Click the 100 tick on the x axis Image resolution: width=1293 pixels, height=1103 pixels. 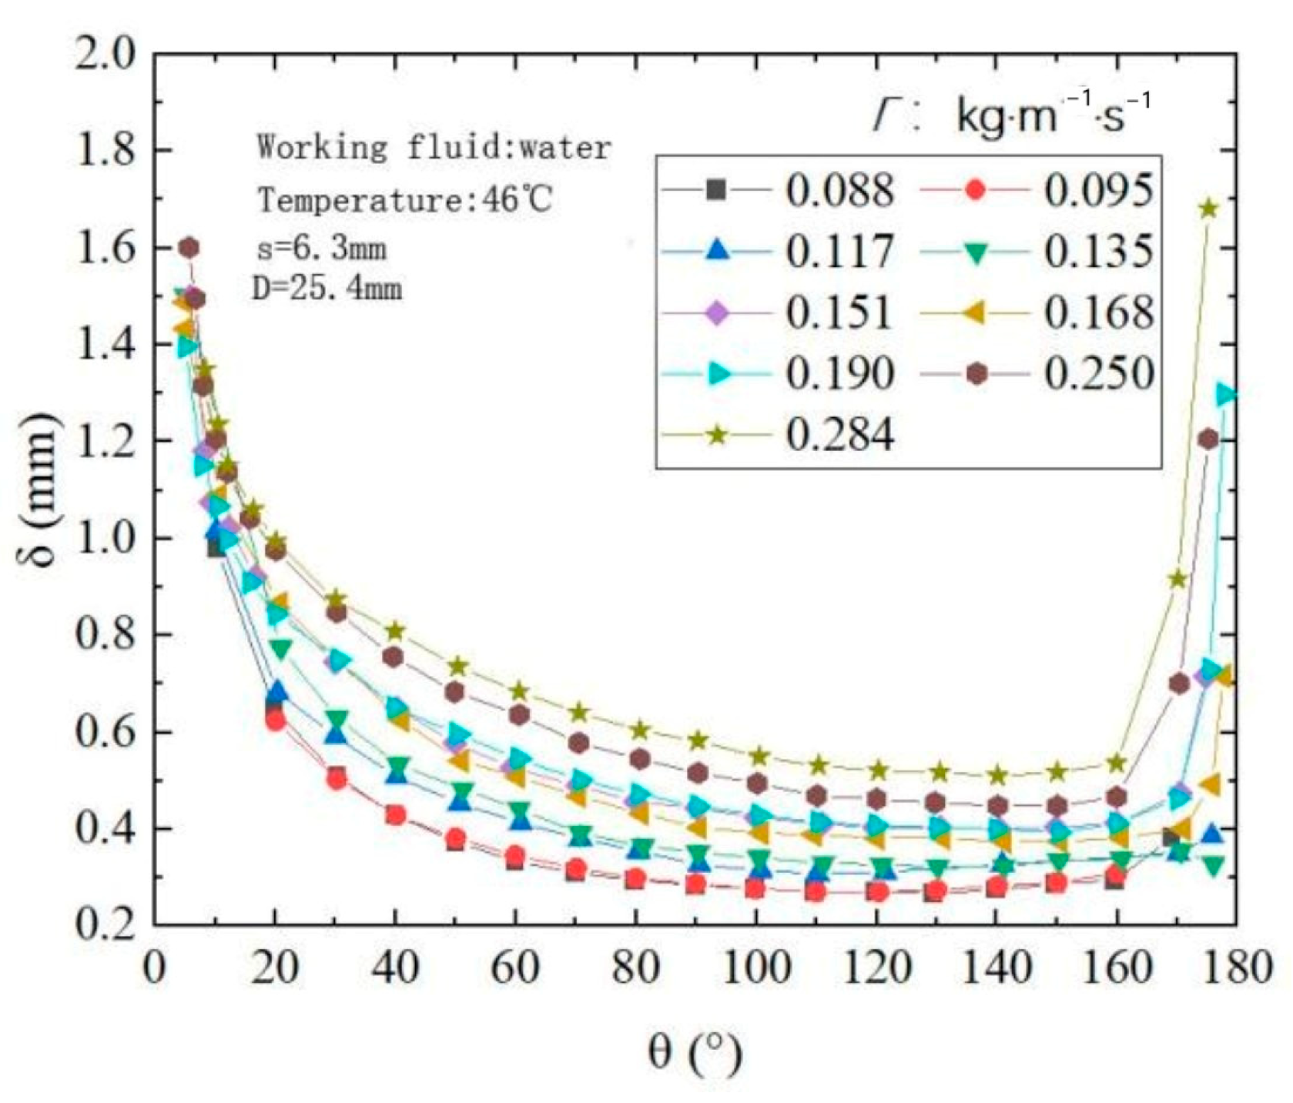757,968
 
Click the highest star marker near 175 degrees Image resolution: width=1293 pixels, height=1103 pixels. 1208,209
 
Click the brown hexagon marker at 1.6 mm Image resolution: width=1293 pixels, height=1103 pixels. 189,248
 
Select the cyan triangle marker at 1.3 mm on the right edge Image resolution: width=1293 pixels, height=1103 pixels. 1227,395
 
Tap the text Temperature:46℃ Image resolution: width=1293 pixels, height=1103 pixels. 405,201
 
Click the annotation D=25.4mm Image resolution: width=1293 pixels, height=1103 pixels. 327,289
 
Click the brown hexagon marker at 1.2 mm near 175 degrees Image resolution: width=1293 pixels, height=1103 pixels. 1208,440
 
